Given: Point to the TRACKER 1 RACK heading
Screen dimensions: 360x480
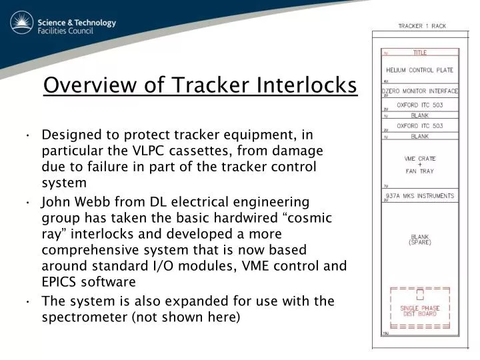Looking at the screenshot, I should (x=422, y=26).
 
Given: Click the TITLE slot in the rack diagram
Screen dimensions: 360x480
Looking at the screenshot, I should (x=419, y=53).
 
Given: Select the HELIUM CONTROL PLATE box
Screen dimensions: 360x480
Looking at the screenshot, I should (x=419, y=70).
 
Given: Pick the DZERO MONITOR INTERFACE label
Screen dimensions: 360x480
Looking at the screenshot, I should (x=419, y=91).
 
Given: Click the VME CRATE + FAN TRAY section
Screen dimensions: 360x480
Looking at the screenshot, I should (x=419, y=164).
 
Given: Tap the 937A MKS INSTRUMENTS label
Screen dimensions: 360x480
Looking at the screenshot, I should (x=421, y=196).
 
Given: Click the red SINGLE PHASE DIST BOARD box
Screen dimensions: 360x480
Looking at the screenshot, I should (x=419, y=311).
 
